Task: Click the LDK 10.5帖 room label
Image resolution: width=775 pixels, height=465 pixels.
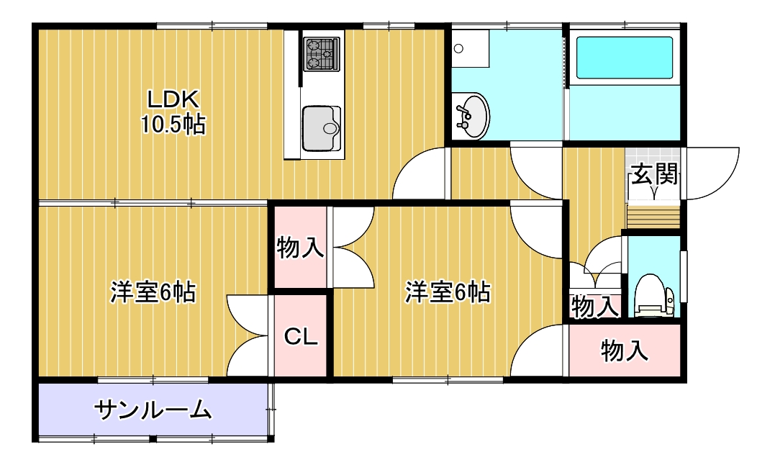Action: pos(173,112)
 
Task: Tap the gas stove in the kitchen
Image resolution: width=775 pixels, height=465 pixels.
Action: pos(321,54)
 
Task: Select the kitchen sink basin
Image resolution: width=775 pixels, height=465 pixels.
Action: pos(321,128)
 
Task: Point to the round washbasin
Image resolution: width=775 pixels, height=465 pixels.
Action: pos(472,116)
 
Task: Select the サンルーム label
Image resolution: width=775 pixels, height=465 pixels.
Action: pos(153,410)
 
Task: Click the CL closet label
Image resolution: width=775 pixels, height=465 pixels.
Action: pos(301,337)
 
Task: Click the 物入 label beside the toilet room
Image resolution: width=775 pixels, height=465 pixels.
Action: pos(594,307)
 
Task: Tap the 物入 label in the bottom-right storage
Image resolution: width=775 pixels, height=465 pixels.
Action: pos(625,351)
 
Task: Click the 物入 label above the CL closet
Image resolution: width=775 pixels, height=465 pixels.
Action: pos(300,248)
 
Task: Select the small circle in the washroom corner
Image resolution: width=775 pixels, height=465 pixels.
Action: pos(458,49)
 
